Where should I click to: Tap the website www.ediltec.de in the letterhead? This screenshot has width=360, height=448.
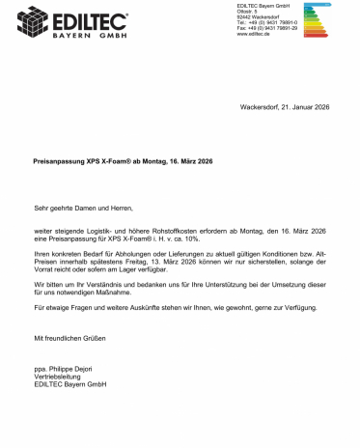pyautogui.click(x=254, y=42)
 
